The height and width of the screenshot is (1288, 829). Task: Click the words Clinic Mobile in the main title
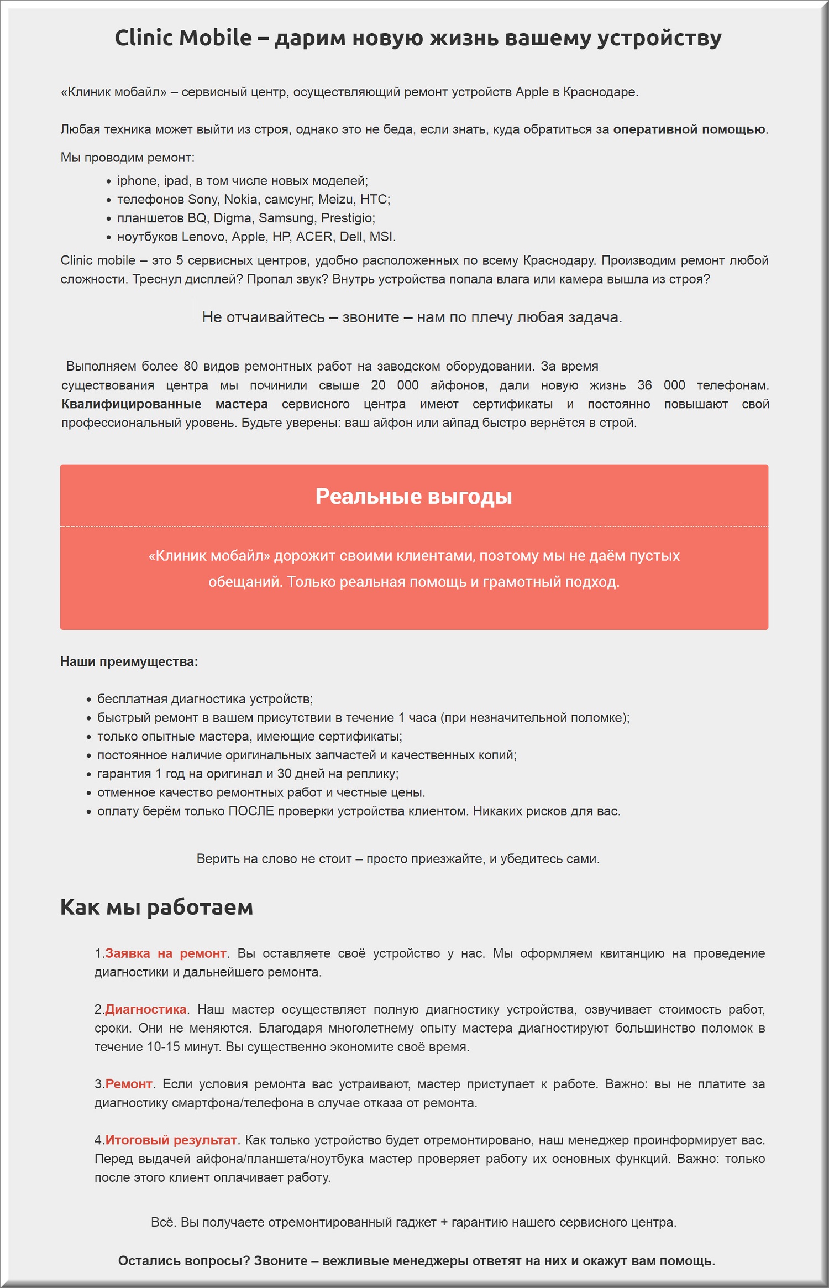pos(183,38)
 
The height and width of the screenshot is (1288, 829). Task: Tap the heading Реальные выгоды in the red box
pos(413,496)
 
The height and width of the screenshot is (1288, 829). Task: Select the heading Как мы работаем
pos(156,907)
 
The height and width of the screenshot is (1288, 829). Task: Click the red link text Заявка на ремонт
pos(166,953)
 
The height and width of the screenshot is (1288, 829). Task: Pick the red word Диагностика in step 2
pos(146,1009)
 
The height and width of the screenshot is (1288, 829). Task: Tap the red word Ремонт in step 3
pos(129,1083)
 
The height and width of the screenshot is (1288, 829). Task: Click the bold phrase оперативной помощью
pos(689,129)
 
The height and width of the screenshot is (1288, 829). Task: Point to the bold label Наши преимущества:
pos(129,661)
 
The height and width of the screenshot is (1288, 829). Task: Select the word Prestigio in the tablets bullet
pos(347,218)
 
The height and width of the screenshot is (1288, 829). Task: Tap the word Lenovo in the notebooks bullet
pos(204,237)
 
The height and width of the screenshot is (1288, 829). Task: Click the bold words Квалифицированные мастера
pos(164,404)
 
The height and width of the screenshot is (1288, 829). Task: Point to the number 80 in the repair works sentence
pos(191,366)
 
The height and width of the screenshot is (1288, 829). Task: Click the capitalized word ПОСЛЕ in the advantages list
pos(251,811)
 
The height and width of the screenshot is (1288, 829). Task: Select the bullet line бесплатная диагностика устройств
pos(205,699)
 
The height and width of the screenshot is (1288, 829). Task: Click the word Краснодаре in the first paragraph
pos(600,92)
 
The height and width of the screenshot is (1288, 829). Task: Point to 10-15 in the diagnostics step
pos(164,1046)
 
